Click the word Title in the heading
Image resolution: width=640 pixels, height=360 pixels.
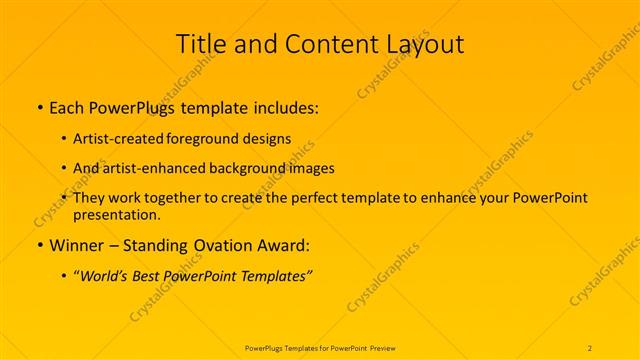201,44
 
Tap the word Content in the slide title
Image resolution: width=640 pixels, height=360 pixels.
318,44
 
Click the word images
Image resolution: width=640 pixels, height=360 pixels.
311,169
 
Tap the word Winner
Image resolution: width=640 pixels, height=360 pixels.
76,245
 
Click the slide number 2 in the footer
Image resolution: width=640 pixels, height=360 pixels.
591,347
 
